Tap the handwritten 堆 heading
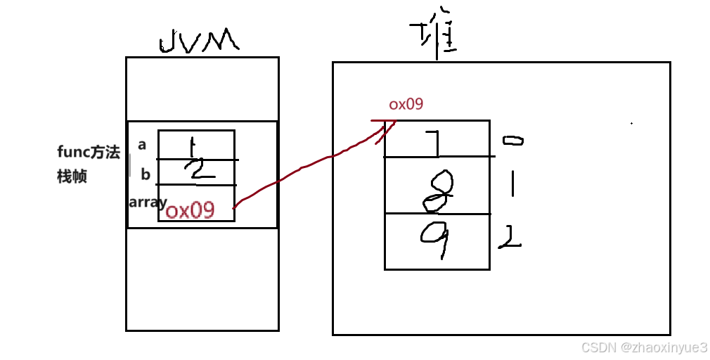[434, 39]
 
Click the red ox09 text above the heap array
[406, 105]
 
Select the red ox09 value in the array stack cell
[190, 210]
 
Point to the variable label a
[142, 145]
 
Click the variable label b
[145, 174]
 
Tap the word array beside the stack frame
[147, 202]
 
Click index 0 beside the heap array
[512, 141]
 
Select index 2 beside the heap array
[509, 240]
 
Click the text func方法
[89, 153]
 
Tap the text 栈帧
[72, 176]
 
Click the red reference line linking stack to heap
[302, 168]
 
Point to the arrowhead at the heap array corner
[385, 124]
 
